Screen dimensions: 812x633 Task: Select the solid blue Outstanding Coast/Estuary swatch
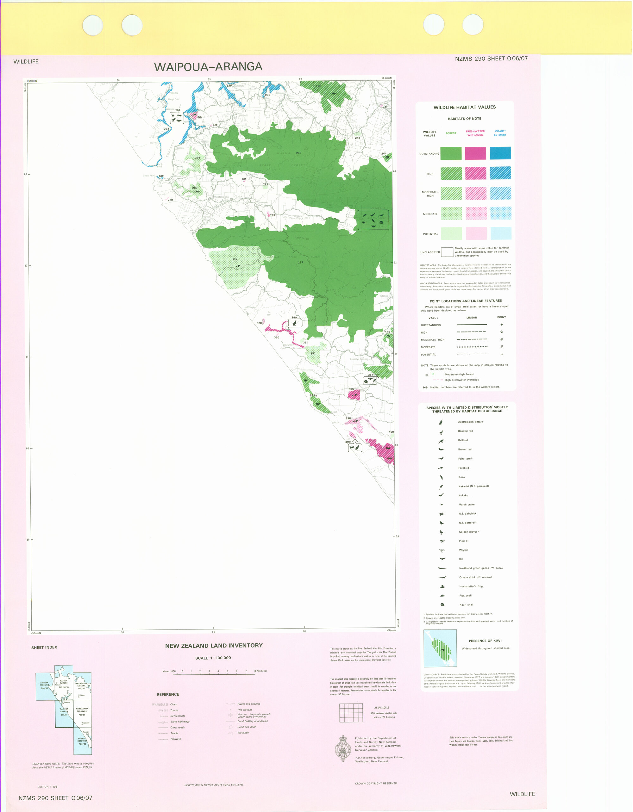coord(500,153)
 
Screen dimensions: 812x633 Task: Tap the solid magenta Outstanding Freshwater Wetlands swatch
coord(475,153)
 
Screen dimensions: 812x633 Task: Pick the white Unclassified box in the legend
coord(447,252)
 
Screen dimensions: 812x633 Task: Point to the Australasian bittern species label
coord(470,422)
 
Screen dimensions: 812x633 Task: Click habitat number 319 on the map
coord(235,259)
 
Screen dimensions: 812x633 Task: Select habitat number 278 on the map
coord(197,158)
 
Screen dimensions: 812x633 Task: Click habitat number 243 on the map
coord(357,138)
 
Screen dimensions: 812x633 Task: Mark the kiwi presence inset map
coord(440,648)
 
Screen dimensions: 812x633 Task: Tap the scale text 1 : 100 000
coord(213,658)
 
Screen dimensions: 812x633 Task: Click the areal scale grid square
coord(351,713)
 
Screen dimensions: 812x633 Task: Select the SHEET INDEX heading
coord(44,648)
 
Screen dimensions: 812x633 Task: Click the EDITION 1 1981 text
coord(48,787)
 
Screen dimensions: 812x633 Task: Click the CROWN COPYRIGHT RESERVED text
coord(376,783)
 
